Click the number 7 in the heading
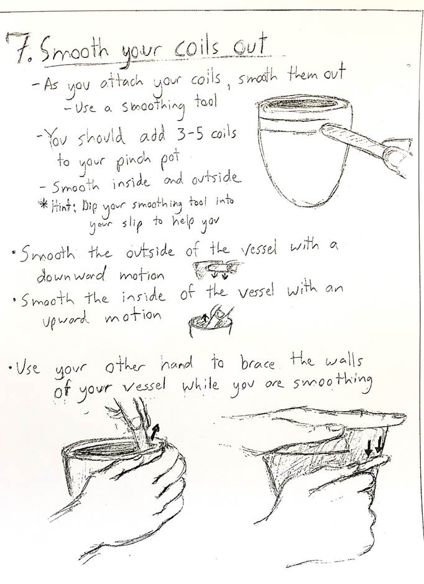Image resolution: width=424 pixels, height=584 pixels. point(16,48)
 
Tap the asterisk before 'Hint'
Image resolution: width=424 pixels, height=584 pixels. point(44,205)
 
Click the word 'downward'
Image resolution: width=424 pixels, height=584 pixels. point(71,274)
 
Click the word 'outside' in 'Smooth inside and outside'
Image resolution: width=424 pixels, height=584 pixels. point(214,178)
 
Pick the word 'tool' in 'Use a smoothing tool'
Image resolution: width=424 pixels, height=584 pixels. point(206,101)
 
